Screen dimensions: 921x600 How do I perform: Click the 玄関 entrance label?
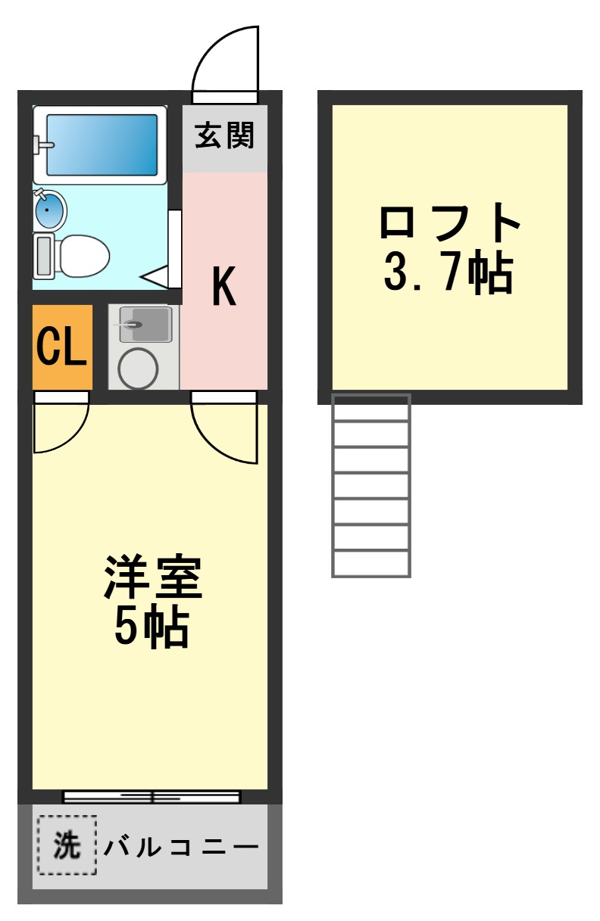pyautogui.click(x=224, y=137)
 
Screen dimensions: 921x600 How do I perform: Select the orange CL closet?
pyautogui.click(x=62, y=347)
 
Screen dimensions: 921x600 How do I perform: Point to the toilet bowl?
pyautogui.click(x=83, y=256)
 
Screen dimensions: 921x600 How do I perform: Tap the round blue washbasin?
pyautogui.click(x=50, y=209)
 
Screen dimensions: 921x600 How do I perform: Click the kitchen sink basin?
pyautogui.click(x=145, y=324)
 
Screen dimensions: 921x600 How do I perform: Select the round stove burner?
pyautogui.click(x=138, y=368)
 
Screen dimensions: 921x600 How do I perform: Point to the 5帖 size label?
pyautogui.click(x=152, y=627)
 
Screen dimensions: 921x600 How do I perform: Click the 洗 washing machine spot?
pyautogui.click(x=67, y=845)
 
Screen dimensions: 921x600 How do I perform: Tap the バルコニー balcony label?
pyautogui.click(x=182, y=846)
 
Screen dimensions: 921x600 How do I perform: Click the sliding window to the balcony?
pyautogui.click(x=152, y=796)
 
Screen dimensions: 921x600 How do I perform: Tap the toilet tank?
pyautogui.click(x=42, y=256)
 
